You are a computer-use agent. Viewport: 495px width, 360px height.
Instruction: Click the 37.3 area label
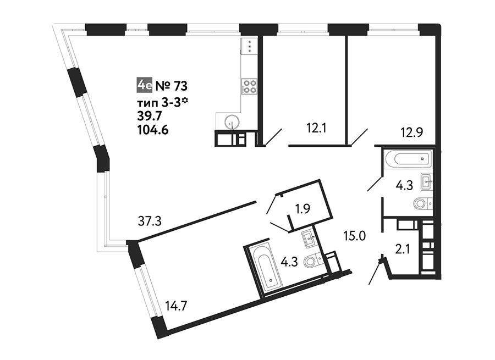pos(150,221)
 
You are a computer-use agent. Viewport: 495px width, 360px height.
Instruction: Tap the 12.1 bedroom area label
pos(316,129)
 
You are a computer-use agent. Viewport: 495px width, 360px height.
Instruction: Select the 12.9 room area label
pos(412,132)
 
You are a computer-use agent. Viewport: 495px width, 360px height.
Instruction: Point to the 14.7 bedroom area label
pos(177,306)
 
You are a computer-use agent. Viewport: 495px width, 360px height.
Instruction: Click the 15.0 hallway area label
pos(355,235)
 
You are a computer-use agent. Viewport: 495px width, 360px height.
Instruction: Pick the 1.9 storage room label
pos(302,208)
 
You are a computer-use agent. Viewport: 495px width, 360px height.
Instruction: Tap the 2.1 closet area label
pos(403,250)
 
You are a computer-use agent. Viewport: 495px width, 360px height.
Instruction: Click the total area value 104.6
pos(153,129)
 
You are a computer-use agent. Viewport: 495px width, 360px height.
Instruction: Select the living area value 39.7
pos(149,116)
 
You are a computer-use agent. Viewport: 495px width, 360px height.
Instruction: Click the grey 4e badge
pos(145,85)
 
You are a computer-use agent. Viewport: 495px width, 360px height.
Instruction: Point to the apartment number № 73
pos(172,86)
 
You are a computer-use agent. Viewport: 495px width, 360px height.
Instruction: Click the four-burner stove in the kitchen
pos(249,86)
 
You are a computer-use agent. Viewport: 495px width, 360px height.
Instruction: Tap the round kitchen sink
pos(232,121)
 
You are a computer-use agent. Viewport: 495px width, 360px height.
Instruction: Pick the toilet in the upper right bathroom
pos(423,203)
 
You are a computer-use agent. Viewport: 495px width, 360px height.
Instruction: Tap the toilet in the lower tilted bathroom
pos(312,261)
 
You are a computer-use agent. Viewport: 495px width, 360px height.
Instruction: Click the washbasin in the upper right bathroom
pos(426,182)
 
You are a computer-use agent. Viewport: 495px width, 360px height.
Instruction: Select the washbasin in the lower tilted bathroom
pos(308,238)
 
